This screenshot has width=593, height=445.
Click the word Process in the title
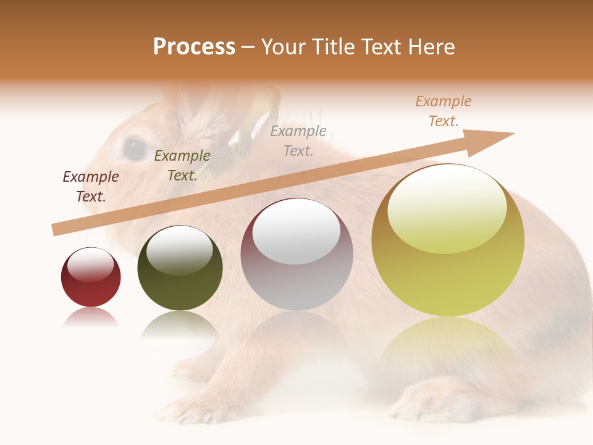click(x=194, y=47)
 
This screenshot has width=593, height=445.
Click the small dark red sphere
click(x=91, y=278)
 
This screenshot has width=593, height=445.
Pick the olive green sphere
click(x=180, y=268)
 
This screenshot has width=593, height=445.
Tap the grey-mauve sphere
click(x=296, y=254)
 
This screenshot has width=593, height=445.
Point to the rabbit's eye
click(x=134, y=148)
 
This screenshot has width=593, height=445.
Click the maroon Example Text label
click(x=91, y=187)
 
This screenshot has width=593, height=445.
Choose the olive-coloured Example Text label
click(x=182, y=166)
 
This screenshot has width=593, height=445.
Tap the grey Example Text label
click(x=298, y=140)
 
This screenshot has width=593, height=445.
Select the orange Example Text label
click(x=444, y=111)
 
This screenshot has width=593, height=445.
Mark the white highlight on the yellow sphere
click(x=447, y=207)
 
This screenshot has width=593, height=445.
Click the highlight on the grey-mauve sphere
click(x=296, y=232)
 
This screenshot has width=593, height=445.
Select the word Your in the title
click(x=282, y=47)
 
